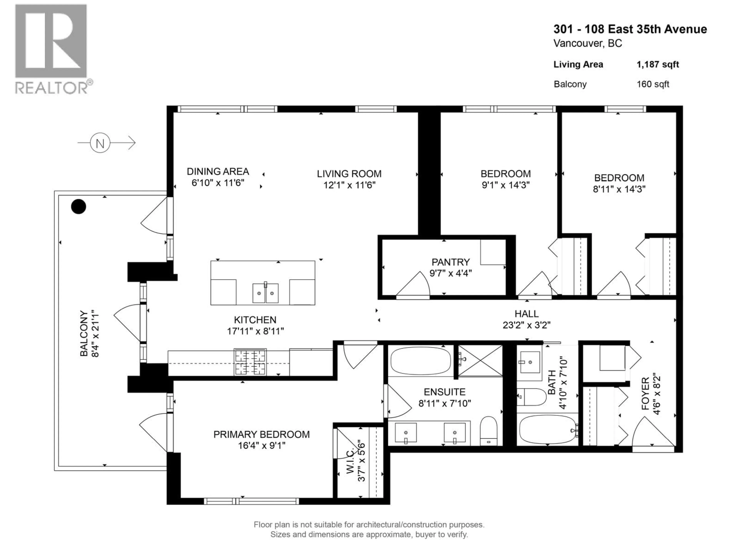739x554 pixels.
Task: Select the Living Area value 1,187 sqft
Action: pyautogui.click(x=657, y=64)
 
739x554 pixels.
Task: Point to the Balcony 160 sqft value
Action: pyautogui.click(x=652, y=84)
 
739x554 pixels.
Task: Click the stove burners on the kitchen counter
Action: pyautogui.click(x=250, y=362)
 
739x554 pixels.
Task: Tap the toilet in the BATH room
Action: pyautogui.click(x=531, y=396)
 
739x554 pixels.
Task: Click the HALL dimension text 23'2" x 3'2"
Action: pyautogui.click(x=527, y=325)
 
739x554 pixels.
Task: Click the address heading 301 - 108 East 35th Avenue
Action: pyautogui.click(x=630, y=29)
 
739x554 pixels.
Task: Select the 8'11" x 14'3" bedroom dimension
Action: pyautogui.click(x=619, y=189)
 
